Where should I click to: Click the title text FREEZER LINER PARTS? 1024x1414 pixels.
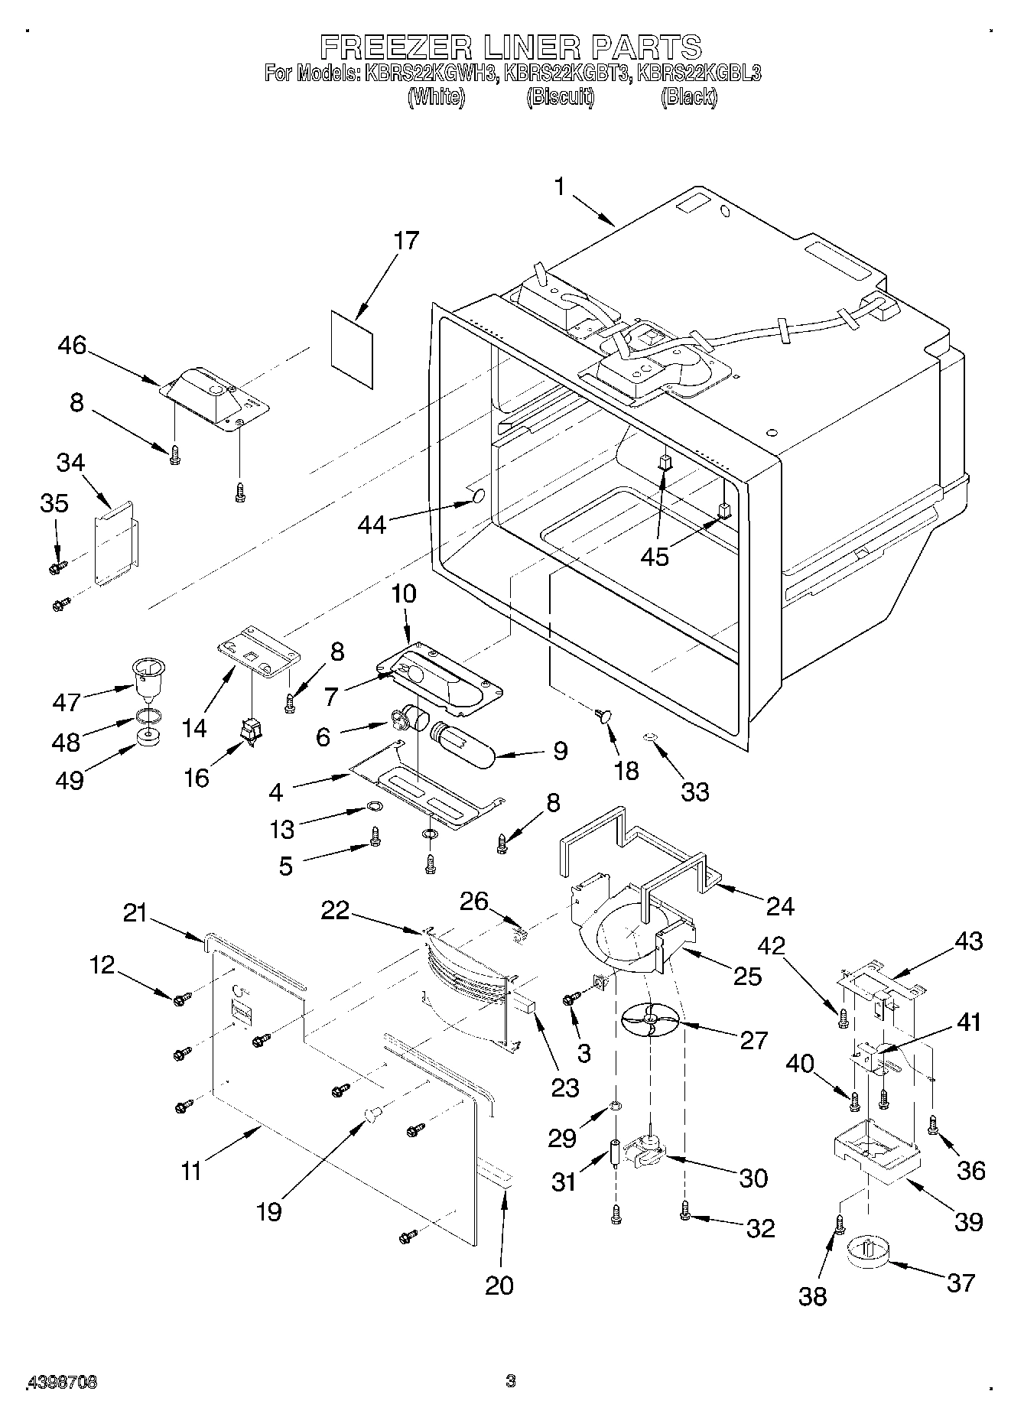tap(510, 47)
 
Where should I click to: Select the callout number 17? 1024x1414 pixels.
tap(406, 241)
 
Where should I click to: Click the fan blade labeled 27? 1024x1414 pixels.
tap(649, 1021)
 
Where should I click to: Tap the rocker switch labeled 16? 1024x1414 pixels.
tap(251, 734)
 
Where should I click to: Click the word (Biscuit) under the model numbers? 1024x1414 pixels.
tap(560, 97)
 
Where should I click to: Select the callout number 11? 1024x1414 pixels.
tap(191, 1171)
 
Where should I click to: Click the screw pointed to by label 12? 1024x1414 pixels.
tap(180, 999)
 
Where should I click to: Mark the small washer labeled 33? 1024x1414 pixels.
tap(649, 737)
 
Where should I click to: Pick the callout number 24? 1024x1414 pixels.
tap(780, 906)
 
